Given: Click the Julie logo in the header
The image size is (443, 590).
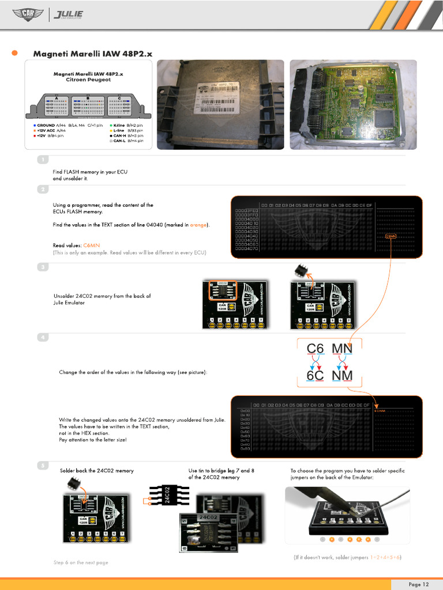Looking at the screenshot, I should click(x=68, y=14).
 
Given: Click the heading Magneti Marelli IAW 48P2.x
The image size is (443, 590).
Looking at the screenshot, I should click(x=93, y=54).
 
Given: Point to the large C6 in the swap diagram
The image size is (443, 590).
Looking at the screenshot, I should click(x=316, y=349).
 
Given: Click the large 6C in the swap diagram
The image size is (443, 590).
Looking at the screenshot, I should click(x=316, y=376).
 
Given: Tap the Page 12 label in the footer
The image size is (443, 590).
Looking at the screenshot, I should click(x=418, y=584).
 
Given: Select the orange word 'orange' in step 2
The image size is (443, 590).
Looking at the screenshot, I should click(x=198, y=224).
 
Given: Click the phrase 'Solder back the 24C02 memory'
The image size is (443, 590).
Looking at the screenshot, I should click(x=97, y=471).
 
